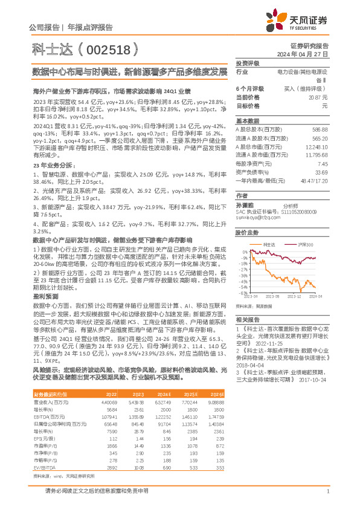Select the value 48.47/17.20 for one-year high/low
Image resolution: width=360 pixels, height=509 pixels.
point(314,180)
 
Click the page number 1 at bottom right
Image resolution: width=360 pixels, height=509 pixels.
point(327,491)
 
